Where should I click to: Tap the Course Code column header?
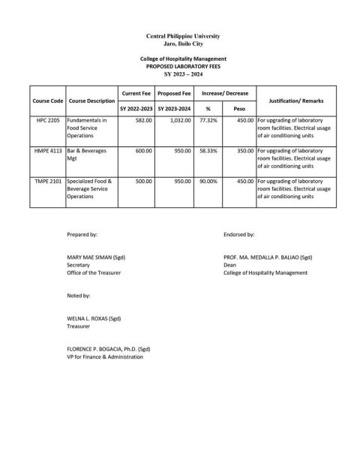pos(46,100)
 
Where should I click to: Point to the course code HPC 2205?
pos(46,120)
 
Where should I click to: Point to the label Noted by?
pos(79,296)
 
